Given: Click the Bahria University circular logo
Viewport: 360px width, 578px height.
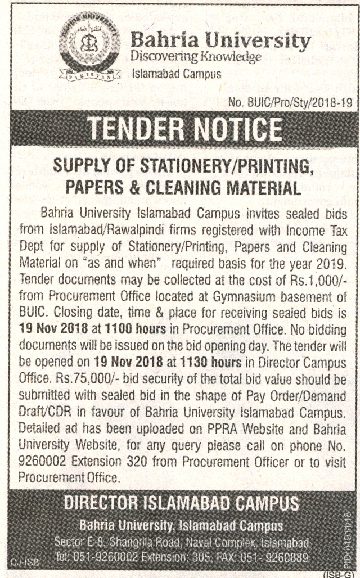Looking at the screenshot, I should coord(91,50).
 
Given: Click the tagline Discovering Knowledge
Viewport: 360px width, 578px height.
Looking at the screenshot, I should coord(195,57).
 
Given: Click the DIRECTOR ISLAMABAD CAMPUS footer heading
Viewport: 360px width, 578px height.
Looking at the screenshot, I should coord(181,504).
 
